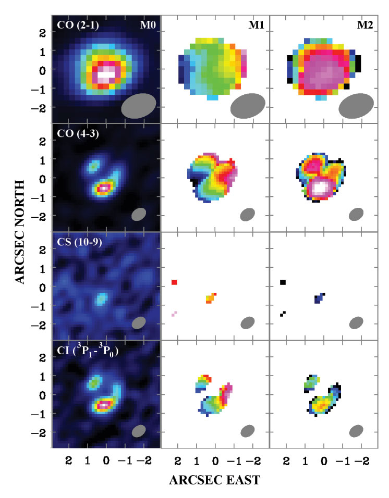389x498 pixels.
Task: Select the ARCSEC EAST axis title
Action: pos(213,481)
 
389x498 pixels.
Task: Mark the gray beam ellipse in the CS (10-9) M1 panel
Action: pos(247,322)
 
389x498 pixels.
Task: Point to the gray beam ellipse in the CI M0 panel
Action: pos(139,431)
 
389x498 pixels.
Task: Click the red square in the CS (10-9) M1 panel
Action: pos(175,282)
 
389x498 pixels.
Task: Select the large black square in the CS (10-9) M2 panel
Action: pos(283,282)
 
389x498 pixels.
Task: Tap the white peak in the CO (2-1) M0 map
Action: pos(106,74)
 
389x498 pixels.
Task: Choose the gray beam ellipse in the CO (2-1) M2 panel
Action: pos(356,106)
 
